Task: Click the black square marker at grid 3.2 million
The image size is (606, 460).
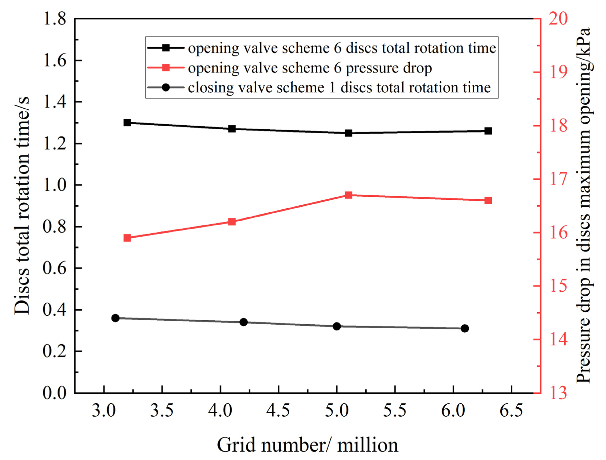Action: click(x=127, y=123)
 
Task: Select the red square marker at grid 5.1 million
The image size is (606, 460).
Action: click(x=348, y=195)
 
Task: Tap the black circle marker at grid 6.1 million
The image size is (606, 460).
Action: click(x=465, y=328)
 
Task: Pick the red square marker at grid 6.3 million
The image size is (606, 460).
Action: click(x=488, y=201)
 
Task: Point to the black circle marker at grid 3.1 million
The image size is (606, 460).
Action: click(x=115, y=318)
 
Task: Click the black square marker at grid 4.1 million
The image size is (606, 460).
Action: click(x=232, y=129)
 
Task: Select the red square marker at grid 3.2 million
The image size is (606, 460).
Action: click(x=127, y=238)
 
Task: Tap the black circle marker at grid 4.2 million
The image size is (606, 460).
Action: click(x=244, y=322)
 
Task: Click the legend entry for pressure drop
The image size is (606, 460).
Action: click(x=310, y=68)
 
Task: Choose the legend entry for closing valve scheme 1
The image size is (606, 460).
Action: click(x=339, y=88)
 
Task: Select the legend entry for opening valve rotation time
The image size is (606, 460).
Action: click(x=342, y=48)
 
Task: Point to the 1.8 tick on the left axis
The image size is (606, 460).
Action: click(x=55, y=18)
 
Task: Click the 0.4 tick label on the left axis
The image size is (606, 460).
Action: click(x=55, y=310)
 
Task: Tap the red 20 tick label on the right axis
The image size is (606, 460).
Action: click(x=558, y=18)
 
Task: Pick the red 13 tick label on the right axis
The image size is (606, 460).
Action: click(x=558, y=393)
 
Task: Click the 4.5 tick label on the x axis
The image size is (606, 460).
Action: click(x=278, y=411)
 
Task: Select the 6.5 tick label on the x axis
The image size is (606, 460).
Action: click(x=512, y=411)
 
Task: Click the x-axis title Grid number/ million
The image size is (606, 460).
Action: click(x=307, y=445)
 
